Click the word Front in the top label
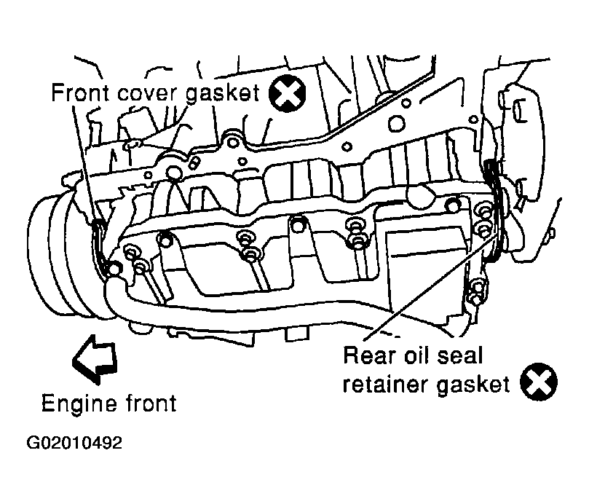[80, 92]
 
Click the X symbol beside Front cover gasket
[288, 93]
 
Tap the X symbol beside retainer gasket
[539, 382]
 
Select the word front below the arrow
[151, 403]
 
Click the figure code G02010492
[74, 443]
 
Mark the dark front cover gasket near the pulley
[100, 248]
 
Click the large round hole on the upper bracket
[397, 123]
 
